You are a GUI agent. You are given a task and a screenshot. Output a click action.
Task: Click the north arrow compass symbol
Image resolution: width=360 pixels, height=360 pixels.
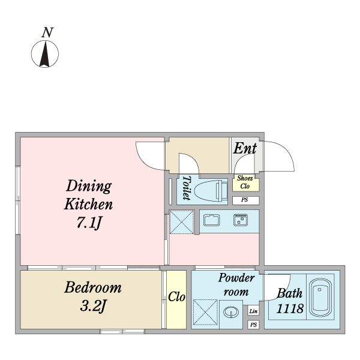pyautogui.click(x=45, y=54)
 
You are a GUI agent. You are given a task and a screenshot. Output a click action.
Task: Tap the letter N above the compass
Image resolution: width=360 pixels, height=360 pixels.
pyautogui.click(x=47, y=32)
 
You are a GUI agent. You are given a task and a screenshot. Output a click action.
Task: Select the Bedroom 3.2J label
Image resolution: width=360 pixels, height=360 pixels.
pyautogui.click(x=93, y=296)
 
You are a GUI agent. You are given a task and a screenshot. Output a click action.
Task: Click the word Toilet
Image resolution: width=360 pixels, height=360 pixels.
pyautogui.click(x=187, y=188)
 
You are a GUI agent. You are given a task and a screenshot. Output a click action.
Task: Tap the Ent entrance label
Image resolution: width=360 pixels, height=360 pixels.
pyautogui.click(x=245, y=148)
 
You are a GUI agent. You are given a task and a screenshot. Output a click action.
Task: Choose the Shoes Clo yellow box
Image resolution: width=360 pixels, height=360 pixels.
pyautogui.click(x=245, y=182)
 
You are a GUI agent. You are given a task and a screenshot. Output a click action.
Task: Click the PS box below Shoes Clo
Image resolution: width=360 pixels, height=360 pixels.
pyautogui.click(x=245, y=200)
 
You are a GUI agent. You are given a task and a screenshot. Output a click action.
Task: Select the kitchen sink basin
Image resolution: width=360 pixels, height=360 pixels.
pyautogui.click(x=211, y=220)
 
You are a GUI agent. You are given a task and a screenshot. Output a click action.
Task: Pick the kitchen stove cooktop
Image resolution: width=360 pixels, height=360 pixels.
pyautogui.click(x=241, y=220)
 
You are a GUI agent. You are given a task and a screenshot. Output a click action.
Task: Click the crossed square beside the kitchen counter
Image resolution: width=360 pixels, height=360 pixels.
pyautogui.click(x=181, y=222)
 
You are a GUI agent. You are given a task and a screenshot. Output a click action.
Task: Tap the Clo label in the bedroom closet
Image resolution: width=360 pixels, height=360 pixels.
pyautogui.click(x=176, y=297)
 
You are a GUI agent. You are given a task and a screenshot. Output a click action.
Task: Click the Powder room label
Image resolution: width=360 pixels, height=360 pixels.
pyautogui.click(x=236, y=284)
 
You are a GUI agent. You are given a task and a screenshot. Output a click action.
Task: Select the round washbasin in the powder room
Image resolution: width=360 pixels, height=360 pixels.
pyautogui.click(x=231, y=312)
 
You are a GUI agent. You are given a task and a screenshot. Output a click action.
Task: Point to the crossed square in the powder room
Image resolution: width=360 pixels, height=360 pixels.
pyautogui.click(x=205, y=312)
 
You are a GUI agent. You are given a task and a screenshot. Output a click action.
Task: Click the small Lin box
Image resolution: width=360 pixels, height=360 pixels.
pyautogui.click(x=253, y=311)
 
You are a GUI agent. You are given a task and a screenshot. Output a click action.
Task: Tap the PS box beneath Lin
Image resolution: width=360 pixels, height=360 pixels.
pyautogui.click(x=253, y=325)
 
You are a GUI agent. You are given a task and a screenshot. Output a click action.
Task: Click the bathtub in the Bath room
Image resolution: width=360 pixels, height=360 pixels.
pyautogui.click(x=320, y=298)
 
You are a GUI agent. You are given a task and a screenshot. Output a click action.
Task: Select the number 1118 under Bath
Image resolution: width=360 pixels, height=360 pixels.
pyautogui.click(x=290, y=308)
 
